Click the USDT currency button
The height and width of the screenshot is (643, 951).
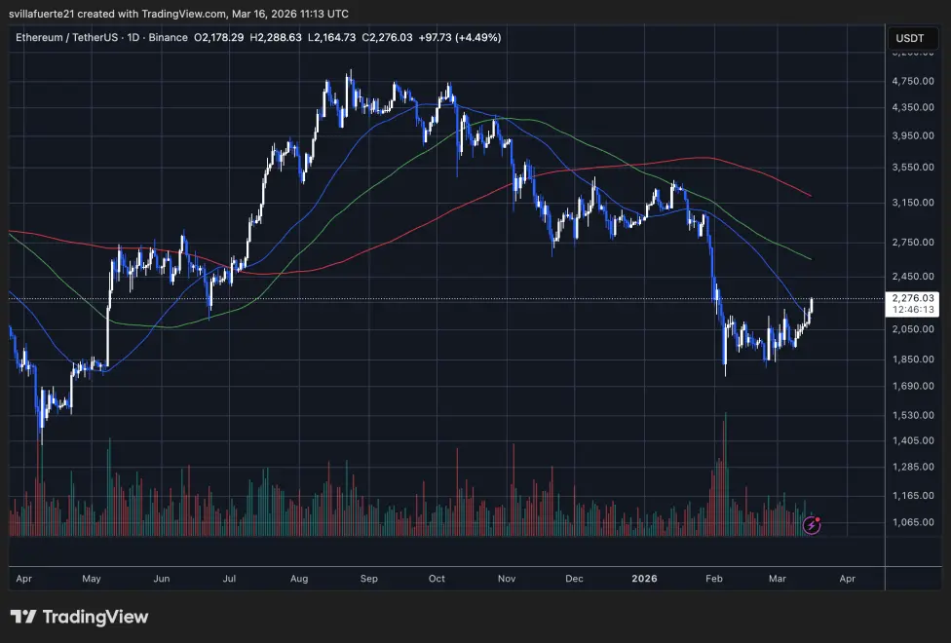tap(908, 39)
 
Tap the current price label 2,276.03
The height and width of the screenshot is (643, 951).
tap(914, 298)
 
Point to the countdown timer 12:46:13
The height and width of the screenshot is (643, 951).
tap(914, 310)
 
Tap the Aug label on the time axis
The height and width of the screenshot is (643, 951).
tap(299, 579)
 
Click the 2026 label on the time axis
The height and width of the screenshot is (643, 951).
tap(643, 579)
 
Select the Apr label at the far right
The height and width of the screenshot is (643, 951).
tap(847, 579)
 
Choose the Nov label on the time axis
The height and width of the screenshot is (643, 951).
tap(506, 579)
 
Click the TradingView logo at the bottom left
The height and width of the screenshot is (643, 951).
tap(79, 617)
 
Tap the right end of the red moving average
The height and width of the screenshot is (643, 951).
tap(811, 195)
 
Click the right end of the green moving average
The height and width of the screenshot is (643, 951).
tap(811, 258)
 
